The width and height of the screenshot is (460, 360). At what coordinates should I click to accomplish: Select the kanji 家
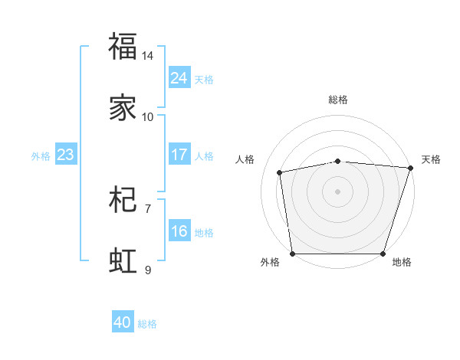pos(123,109)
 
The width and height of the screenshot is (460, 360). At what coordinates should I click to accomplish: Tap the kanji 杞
pos(123,201)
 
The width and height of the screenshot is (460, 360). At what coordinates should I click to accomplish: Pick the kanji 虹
pos(123,260)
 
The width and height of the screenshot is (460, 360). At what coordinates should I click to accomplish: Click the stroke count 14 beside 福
pos(148,56)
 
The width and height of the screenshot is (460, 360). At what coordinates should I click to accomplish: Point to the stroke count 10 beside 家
pos(148,117)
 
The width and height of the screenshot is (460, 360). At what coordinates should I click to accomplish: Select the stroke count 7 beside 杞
pos(148,208)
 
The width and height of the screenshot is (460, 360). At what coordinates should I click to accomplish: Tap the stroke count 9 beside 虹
pos(148,270)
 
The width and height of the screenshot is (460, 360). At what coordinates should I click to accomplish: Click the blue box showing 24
pos(179,77)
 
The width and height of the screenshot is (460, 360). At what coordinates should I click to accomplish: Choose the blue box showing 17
pos(179,155)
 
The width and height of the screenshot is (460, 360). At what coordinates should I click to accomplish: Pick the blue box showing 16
pos(179,231)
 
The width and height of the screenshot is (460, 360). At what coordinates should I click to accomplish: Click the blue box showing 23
pos(66,155)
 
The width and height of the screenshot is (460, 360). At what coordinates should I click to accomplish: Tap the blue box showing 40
pos(123,322)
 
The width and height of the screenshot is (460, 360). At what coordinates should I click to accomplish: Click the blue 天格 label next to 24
pos(204,79)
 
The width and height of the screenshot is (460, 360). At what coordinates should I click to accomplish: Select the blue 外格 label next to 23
pos(41,156)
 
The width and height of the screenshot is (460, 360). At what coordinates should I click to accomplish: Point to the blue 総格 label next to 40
pos(147,324)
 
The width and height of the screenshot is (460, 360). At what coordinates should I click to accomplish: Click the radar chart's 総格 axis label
pos(338,100)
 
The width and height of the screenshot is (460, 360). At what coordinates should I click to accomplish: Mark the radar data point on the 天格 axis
pos(410,168)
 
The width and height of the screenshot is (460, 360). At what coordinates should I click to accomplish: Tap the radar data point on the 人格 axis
pos(280,172)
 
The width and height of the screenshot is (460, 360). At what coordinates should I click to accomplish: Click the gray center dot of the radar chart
pos(338,191)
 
